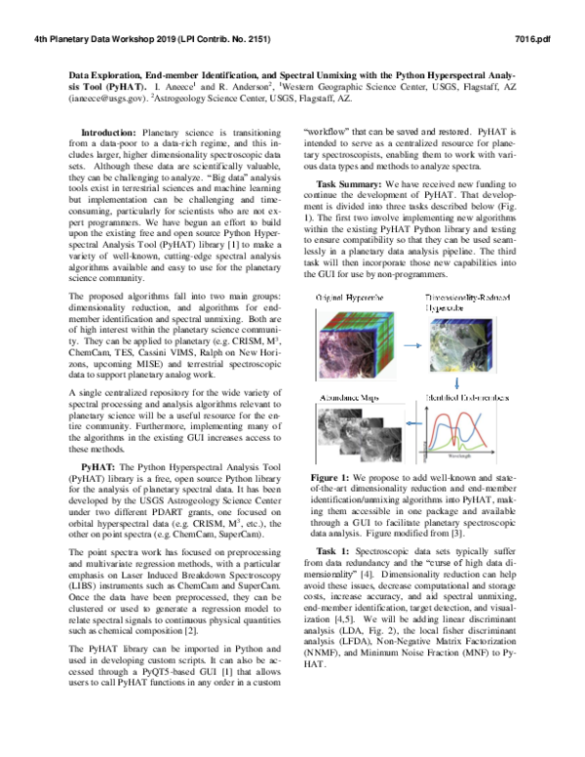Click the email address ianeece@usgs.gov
pos(108,98)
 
